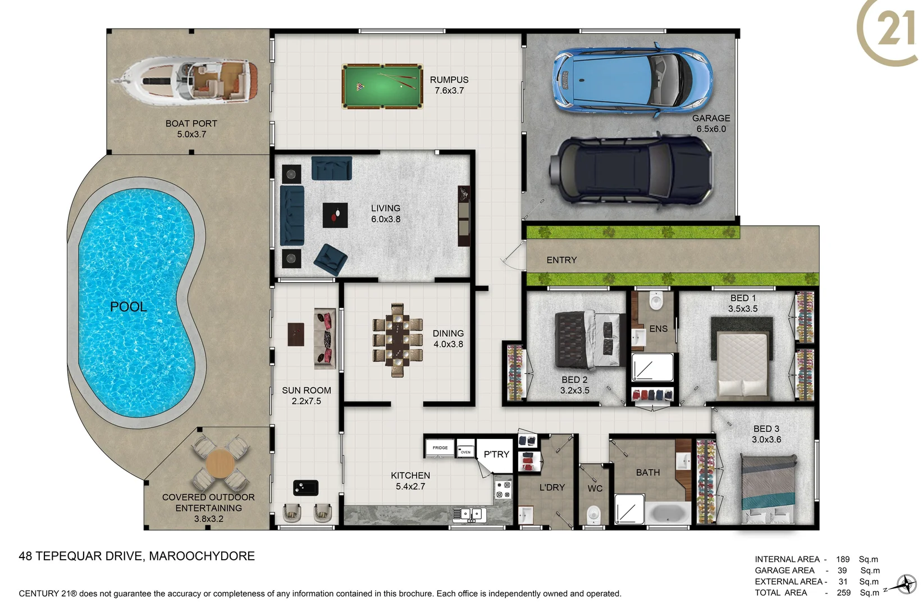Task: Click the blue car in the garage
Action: (x=632, y=80)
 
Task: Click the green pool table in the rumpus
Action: (x=382, y=86)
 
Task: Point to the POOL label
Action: (x=128, y=307)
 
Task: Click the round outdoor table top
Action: (x=220, y=464)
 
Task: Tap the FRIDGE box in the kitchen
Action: (x=440, y=448)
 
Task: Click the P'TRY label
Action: (x=496, y=454)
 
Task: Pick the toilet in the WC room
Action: (x=593, y=514)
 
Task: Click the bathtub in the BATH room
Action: (x=668, y=513)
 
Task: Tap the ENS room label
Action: (x=658, y=329)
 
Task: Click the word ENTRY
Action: (x=561, y=260)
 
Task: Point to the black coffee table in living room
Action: (x=335, y=215)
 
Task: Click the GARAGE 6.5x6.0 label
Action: (x=711, y=124)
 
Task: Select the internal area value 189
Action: (x=842, y=559)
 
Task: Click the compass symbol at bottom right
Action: (x=905, y=585)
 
